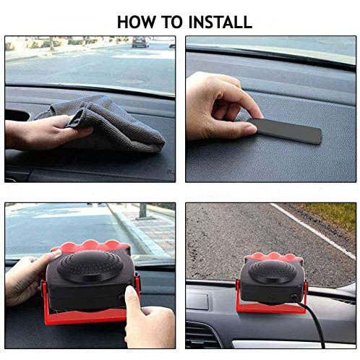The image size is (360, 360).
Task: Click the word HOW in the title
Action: (x=137, y=22)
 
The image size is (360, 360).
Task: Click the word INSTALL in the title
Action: (x=220, y=22)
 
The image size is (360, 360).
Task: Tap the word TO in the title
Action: (x=172, y=22)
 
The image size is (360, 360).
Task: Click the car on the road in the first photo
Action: (x=140, y=42)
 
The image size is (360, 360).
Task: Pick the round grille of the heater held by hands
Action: (x=90, y=266)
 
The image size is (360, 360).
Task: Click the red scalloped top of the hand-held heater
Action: (x=91, y=247)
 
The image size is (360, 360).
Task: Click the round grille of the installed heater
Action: (x=273, y=272)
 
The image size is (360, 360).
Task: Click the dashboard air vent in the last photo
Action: (x=202, y=334)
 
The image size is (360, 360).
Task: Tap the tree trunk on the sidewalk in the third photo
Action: (x=142, y=210)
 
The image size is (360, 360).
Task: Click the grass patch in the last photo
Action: (x=330, y=215)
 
